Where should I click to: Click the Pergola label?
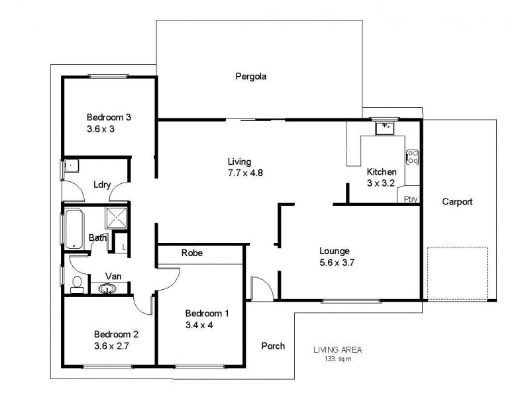pos(251,76)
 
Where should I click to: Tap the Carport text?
pos(458,202)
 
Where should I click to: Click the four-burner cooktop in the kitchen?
pos(412,157)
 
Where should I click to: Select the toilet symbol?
pos(77,285)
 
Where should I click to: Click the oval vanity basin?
pos(106,288)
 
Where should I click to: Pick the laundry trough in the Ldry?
pos(71,167)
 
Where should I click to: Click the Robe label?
pos(191,253)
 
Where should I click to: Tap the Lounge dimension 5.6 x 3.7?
pos(339,263)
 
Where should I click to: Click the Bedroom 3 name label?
pos(109,117)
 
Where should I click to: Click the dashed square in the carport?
pos(457,272)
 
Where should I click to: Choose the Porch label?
pos(273,345)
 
